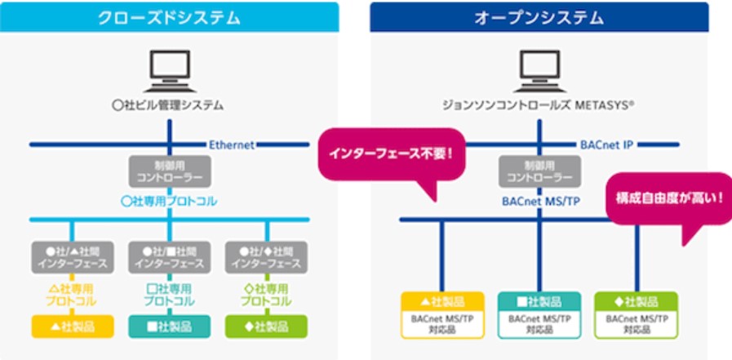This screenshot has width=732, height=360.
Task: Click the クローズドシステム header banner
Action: [170, 17]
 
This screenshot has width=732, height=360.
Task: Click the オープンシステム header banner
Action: [539, 17]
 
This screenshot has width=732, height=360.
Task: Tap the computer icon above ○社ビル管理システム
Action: [169, 71]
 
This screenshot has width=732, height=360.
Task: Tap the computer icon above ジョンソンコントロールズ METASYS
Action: [539, 71]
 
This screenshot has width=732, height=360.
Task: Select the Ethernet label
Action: [232, 145]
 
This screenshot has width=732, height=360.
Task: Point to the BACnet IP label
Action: [606, 145]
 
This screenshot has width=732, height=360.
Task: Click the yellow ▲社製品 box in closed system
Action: [72, 327]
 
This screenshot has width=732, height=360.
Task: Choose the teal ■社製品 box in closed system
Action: [169, 327]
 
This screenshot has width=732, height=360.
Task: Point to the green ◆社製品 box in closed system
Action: [266, 327]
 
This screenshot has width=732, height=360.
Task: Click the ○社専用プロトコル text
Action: [169, 201]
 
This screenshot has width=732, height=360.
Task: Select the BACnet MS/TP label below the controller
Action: [539, 201]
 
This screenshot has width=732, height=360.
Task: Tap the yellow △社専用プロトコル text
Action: [72, 295]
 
